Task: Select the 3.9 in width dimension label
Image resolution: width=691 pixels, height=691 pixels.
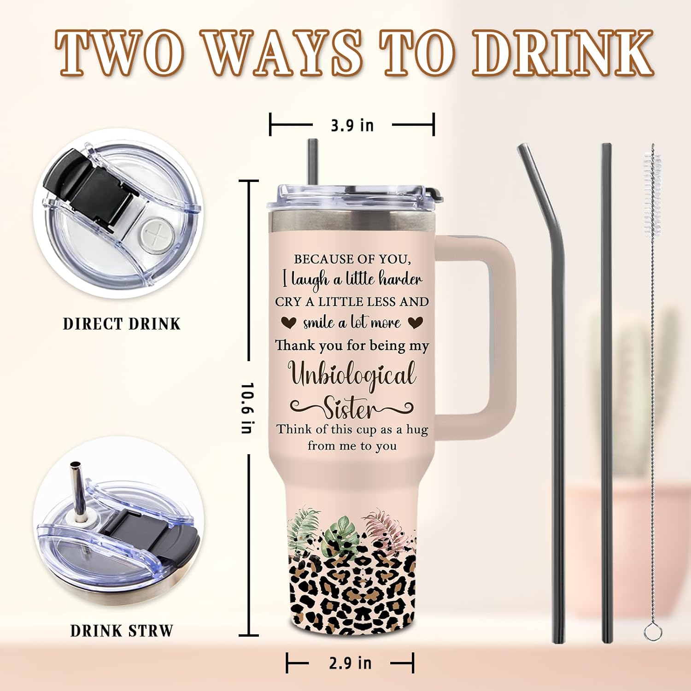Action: click(x=352, y=125)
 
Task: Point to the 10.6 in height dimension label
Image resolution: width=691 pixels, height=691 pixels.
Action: click(x=247, y=407)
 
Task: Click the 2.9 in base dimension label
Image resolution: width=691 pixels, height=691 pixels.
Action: click(x=350, y=663)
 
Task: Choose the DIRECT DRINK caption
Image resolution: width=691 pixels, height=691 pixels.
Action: click(x=122, y=324)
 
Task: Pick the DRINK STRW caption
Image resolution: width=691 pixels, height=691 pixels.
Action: click(x=122, y=631)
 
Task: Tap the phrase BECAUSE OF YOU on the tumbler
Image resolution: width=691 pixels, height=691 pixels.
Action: click(x=352, y=259)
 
